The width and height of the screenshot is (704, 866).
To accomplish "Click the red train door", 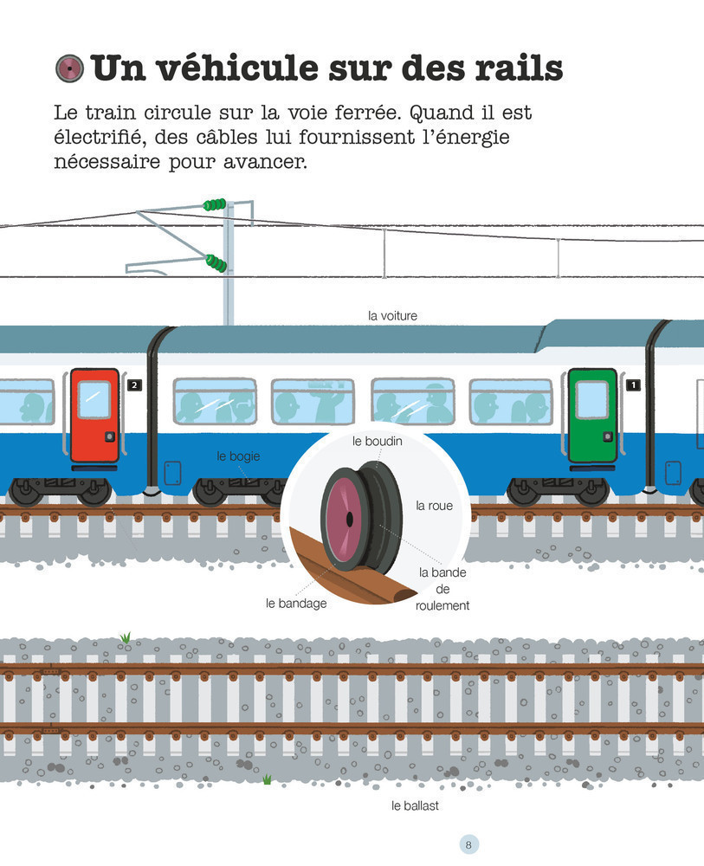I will click(94, 416).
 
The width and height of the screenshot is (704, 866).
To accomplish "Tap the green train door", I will click(592, 416).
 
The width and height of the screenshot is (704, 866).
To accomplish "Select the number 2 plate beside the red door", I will click(133, 384).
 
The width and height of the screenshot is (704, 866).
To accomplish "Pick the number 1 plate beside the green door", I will click(633, 384).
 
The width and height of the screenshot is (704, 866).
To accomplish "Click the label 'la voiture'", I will click(392, 316).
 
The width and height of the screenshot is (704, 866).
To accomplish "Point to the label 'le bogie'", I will click(238, 456).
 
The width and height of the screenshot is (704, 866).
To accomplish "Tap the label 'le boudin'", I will click(378, 441).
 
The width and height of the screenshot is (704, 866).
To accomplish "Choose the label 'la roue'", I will click(435, 506).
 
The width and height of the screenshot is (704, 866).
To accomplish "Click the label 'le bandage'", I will click(296, 603).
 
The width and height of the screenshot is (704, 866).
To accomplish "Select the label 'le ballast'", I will click(416, 805).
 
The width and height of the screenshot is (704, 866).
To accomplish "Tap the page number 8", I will click(468, 844).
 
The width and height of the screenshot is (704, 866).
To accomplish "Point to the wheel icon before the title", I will click(68, 68).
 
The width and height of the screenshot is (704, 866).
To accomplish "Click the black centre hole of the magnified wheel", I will click(348, 518).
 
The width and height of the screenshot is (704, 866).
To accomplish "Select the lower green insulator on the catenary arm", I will click(216, 262).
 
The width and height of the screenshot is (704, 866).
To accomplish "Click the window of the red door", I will click(94, 398).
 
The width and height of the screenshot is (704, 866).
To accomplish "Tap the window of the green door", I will click(592, 398).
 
